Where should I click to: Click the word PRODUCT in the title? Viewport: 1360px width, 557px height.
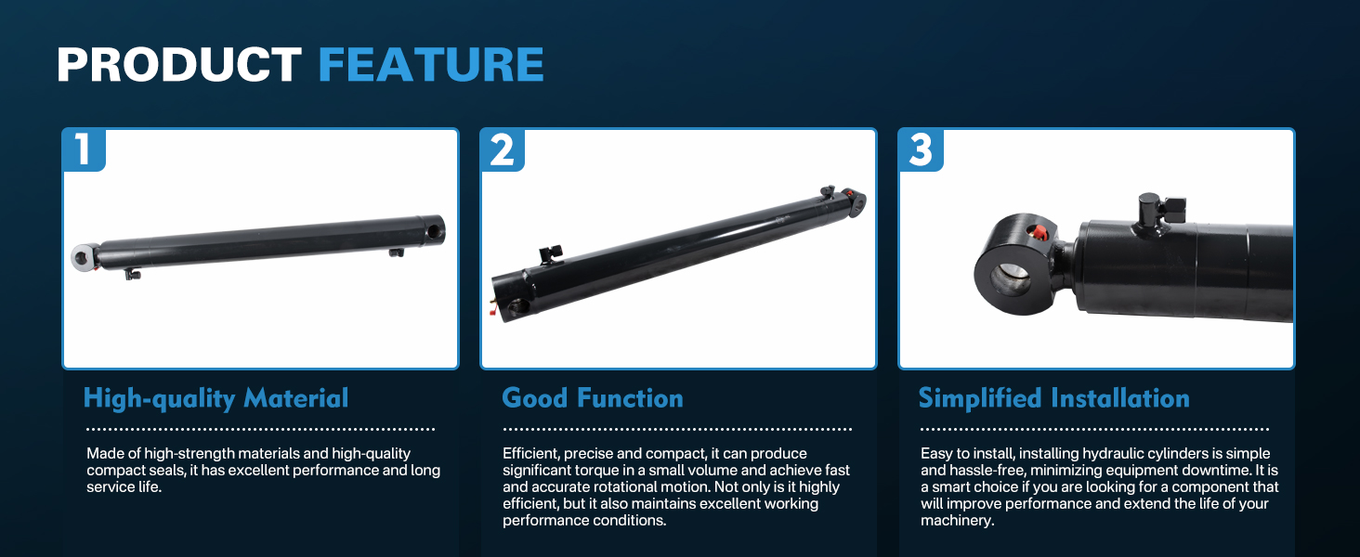179,64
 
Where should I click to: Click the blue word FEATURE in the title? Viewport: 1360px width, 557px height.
431,64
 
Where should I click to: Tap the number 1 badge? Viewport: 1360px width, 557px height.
84,149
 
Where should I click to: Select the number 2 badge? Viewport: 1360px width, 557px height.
503,149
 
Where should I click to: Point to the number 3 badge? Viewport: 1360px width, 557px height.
921,149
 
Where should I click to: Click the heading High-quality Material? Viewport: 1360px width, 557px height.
216,398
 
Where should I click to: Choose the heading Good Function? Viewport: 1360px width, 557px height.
593,398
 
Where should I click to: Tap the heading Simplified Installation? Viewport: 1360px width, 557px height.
1054,398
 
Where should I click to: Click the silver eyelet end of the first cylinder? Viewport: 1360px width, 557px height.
84,257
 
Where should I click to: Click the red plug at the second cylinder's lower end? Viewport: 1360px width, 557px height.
492,309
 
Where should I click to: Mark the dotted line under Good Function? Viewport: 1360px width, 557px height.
677,430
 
